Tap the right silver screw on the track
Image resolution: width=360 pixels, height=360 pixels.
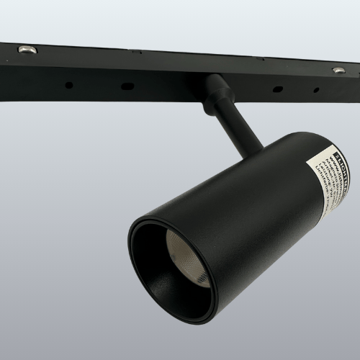338,70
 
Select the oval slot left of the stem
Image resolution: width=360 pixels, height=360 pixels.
127,86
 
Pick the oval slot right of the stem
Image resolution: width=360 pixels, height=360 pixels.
277,90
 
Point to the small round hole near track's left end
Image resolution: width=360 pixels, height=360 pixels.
69,85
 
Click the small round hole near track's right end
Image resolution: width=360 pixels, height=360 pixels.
315,91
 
